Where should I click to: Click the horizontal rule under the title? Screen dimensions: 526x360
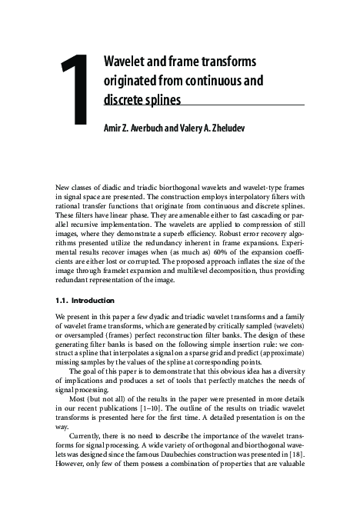(204, 108)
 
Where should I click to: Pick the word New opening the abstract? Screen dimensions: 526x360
(64, 188)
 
